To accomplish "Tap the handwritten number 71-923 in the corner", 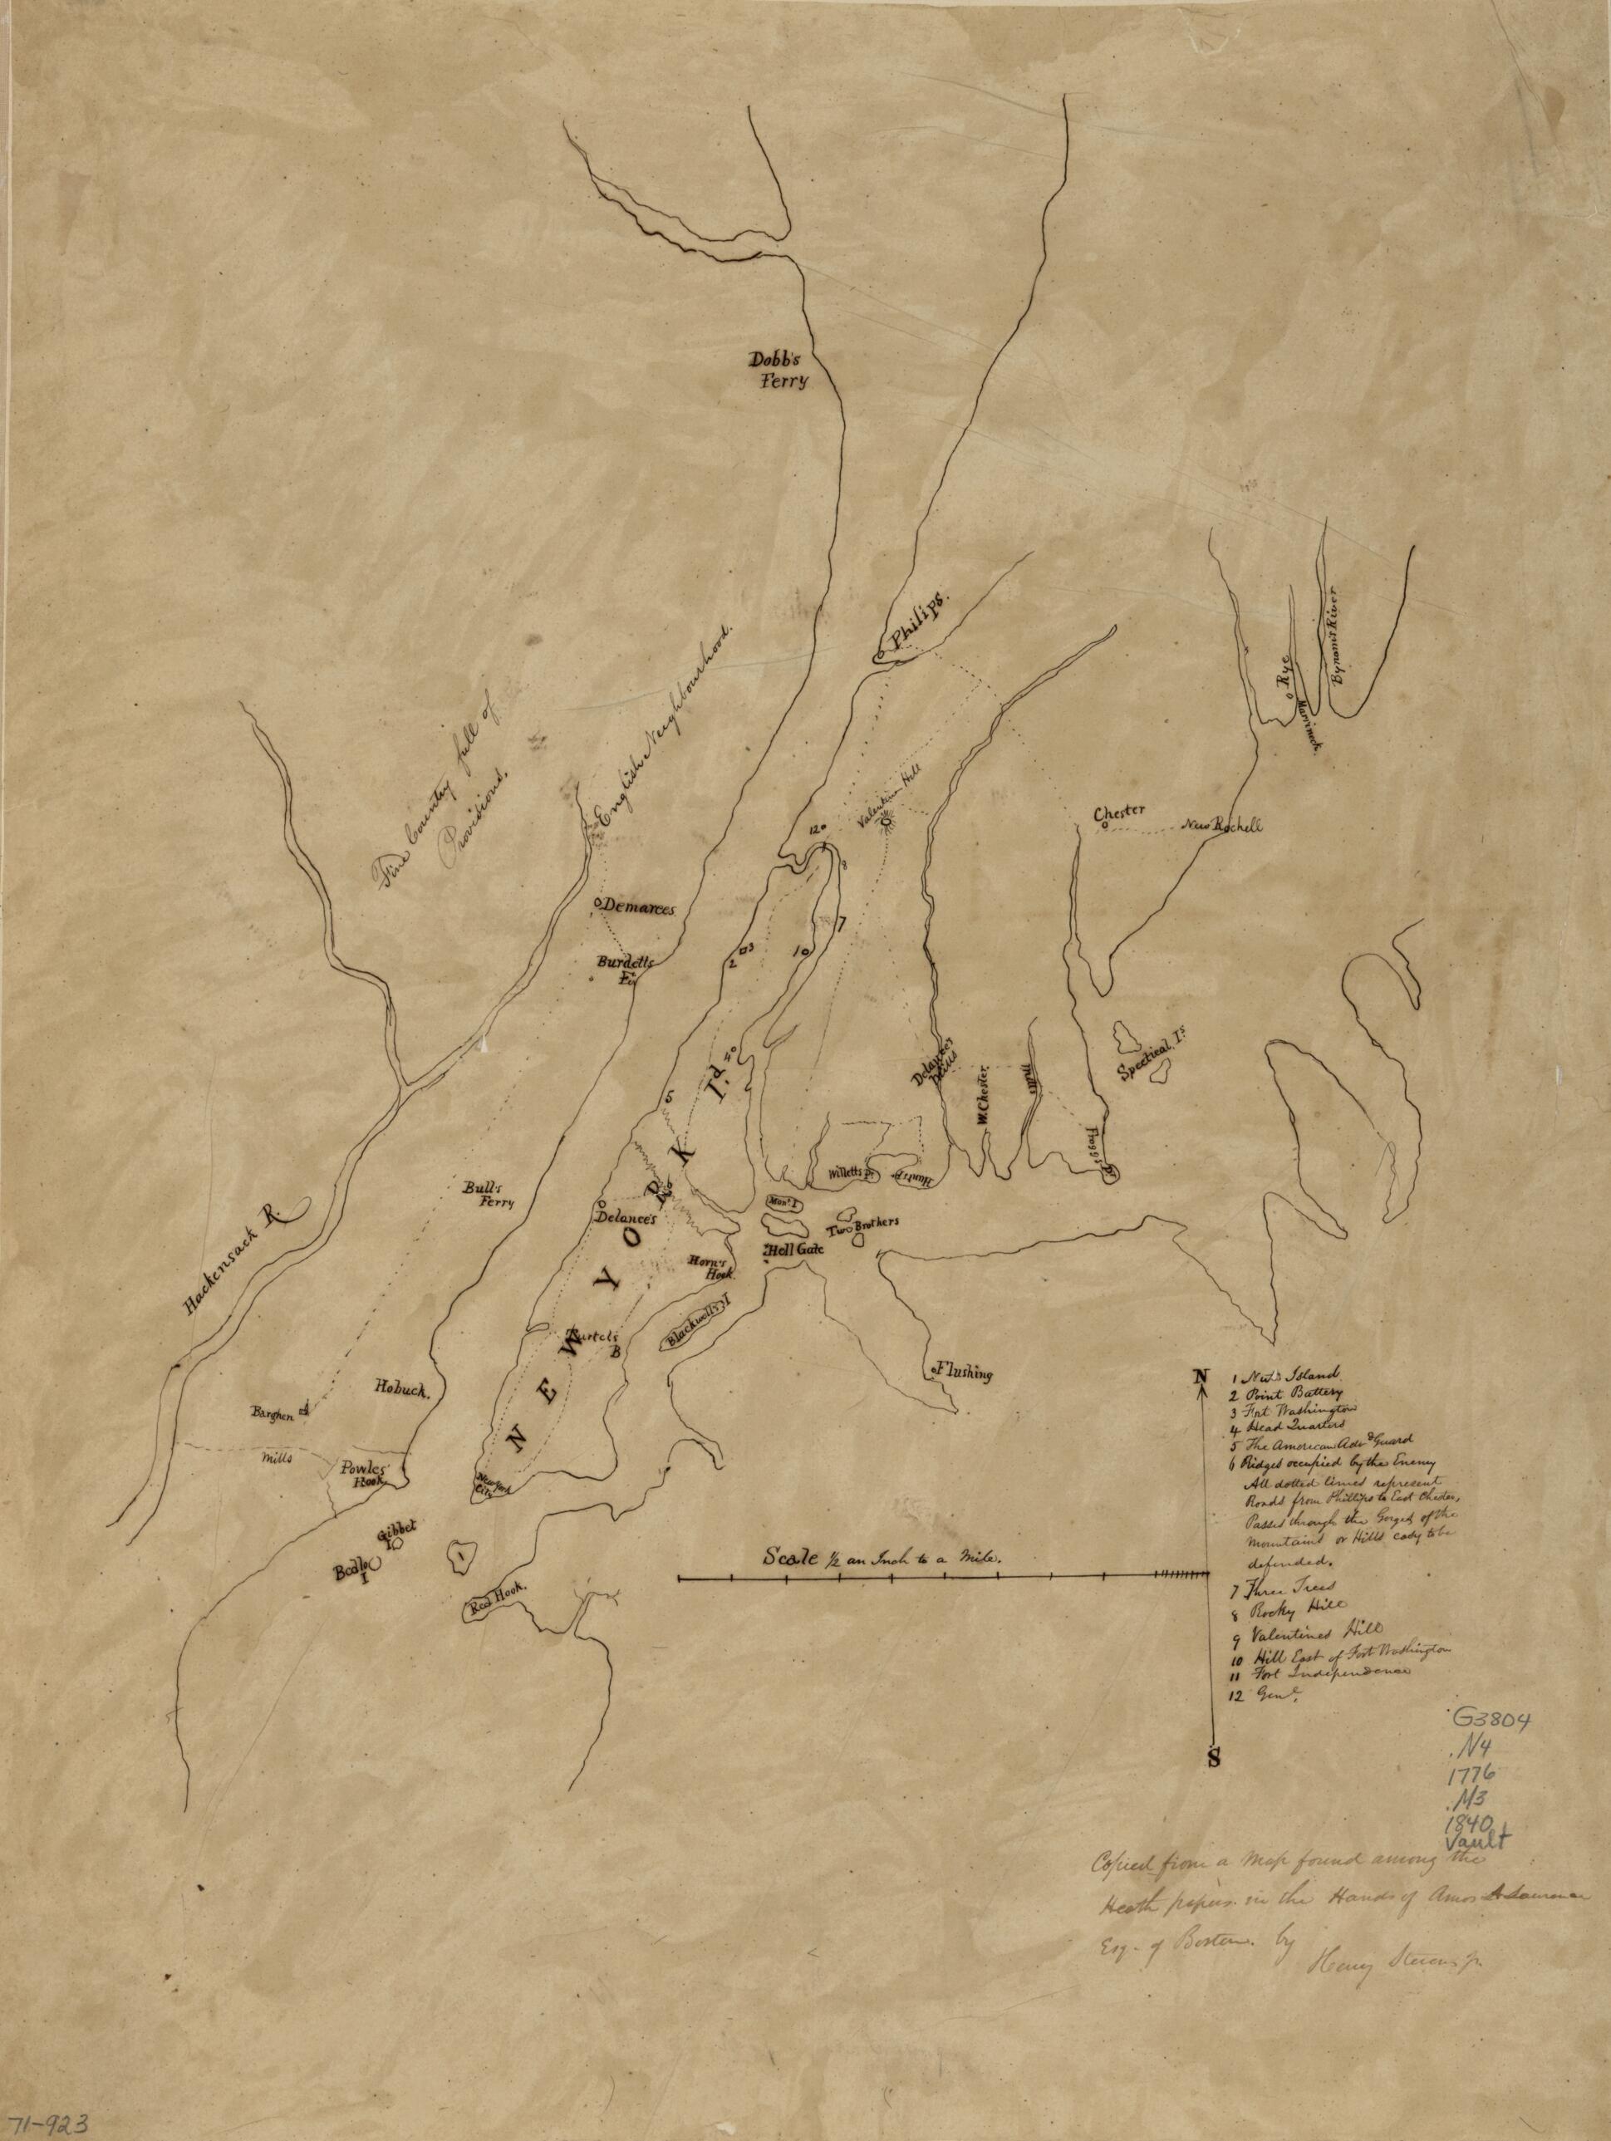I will click(46, 2124).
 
